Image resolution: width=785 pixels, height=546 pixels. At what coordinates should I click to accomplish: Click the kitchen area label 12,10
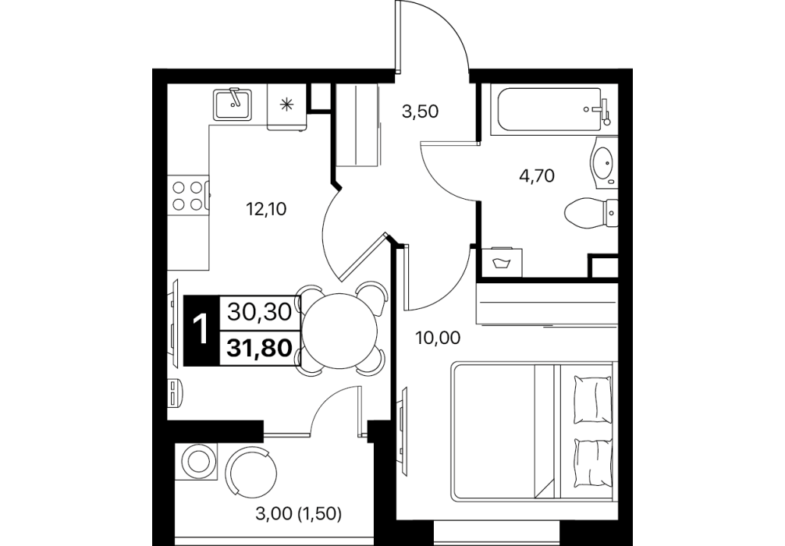pyautogui.click(x=266, y=208)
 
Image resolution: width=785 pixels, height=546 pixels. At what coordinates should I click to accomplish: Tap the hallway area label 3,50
pyautogui.click(x=421, y=111)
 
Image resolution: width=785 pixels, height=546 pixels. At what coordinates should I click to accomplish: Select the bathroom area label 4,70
pyautogui.click(x=537, y=175)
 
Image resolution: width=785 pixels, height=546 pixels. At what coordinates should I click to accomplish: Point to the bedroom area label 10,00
pyautogui.click(x=438, y=339)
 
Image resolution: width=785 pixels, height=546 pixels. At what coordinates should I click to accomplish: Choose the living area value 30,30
pyautogui.click(x=259, y=313)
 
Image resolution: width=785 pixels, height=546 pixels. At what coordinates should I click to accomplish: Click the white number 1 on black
pyautogui.click(x=201, y=331)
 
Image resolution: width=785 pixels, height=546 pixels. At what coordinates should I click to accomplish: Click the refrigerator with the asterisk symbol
pyautogui.click(x=286, y=107)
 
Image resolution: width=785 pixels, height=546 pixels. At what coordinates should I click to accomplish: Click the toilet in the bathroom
pyautogui.click(x=591, y=214)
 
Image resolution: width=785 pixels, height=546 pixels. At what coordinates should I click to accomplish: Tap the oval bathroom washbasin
pyautogui.click(x=603, y=163)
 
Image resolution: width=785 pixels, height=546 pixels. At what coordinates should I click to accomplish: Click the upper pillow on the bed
pyautogui.click(x=593, y=399)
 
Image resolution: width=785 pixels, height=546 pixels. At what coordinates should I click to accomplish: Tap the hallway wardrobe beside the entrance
pyautogui.click(x=357, y=125)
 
